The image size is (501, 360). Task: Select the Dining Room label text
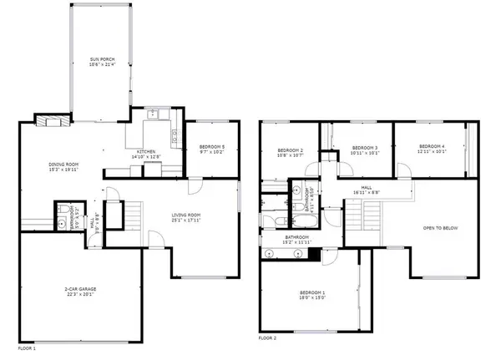point(57,165)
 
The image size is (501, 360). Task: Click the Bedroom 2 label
point(290,152)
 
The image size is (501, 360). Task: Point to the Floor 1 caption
point(27,346)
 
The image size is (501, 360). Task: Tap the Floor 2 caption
point(267,338)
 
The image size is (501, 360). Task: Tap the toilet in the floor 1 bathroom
point(63,222)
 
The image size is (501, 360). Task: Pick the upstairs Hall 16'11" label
point(367,190)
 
